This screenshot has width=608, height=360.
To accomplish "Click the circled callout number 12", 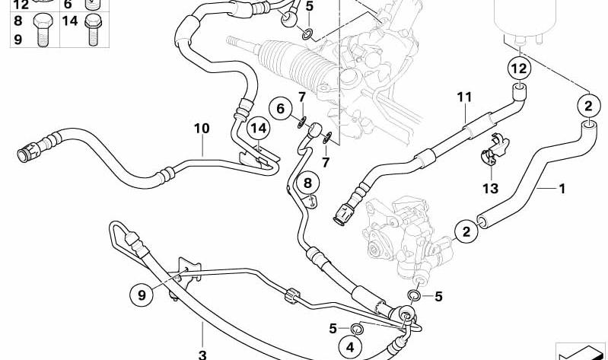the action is point(519,68).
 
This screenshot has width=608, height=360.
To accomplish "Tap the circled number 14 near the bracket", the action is point(259,128).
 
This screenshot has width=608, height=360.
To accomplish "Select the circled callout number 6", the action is point(280,109).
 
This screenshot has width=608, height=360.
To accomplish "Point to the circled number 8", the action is point(307,183).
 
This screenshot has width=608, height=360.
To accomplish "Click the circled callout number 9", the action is point(142,295).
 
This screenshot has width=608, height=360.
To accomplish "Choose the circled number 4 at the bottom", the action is point(350,347).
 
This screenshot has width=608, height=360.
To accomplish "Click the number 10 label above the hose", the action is point(202,129).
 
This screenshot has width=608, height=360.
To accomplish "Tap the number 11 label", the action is point(464,97).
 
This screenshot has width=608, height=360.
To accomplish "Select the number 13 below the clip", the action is point(490,189).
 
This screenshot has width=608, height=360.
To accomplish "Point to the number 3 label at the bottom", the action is point(202,354).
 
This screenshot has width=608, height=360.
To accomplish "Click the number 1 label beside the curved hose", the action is point(562,189).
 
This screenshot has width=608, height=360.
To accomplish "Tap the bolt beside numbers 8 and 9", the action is point(43,30).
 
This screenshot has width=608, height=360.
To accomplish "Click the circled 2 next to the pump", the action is point(466,231).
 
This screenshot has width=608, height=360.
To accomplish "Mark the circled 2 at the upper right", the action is point(588,106).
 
